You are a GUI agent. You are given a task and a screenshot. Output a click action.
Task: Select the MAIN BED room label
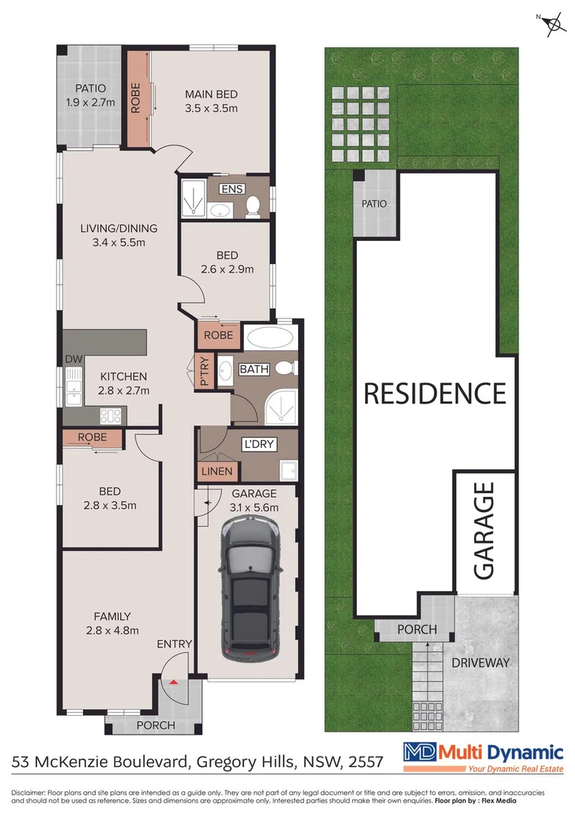coord(211,94)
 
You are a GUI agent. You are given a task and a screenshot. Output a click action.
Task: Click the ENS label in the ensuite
coord(233,188)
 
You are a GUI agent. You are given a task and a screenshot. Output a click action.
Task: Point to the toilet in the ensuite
coord(254,205)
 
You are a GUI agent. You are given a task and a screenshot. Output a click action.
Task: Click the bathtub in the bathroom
coord(271,336)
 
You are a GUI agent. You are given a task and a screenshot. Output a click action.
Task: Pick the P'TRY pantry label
coord(203,371)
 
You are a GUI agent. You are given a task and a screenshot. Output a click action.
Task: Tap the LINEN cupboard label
coord(218,472)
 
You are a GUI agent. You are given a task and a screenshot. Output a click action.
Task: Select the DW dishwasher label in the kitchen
coord(72,359)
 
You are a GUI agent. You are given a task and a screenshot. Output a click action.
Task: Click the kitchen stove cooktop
coord(108,414)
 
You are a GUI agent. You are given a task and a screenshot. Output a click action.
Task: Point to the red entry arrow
coord(174,682)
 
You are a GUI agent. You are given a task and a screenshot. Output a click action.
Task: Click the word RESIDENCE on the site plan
coord(435,393)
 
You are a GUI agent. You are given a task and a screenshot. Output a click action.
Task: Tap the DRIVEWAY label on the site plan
coord(481,663)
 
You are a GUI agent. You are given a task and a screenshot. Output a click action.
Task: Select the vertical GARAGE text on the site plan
coord(483,531)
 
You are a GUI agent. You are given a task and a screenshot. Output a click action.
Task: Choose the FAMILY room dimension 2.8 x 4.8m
coord(111,631)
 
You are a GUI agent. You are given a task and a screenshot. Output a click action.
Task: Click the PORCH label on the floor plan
coord(156,726)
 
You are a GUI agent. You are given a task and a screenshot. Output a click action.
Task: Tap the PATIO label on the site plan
coord(374,203)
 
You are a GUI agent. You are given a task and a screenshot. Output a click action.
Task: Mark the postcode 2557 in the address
coord(364,763)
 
